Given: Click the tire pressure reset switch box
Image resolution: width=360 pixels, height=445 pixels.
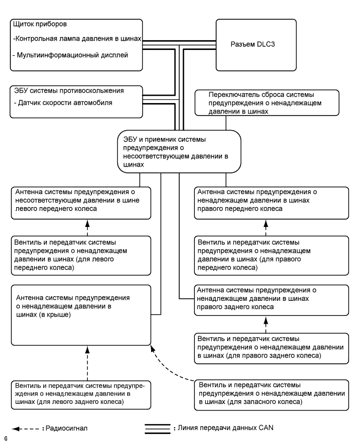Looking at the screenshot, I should point(266,103).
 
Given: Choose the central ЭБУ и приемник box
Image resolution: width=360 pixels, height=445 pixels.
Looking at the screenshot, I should point(179,150).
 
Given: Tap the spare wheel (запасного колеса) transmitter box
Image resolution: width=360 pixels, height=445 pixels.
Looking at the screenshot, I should point(272,394).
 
